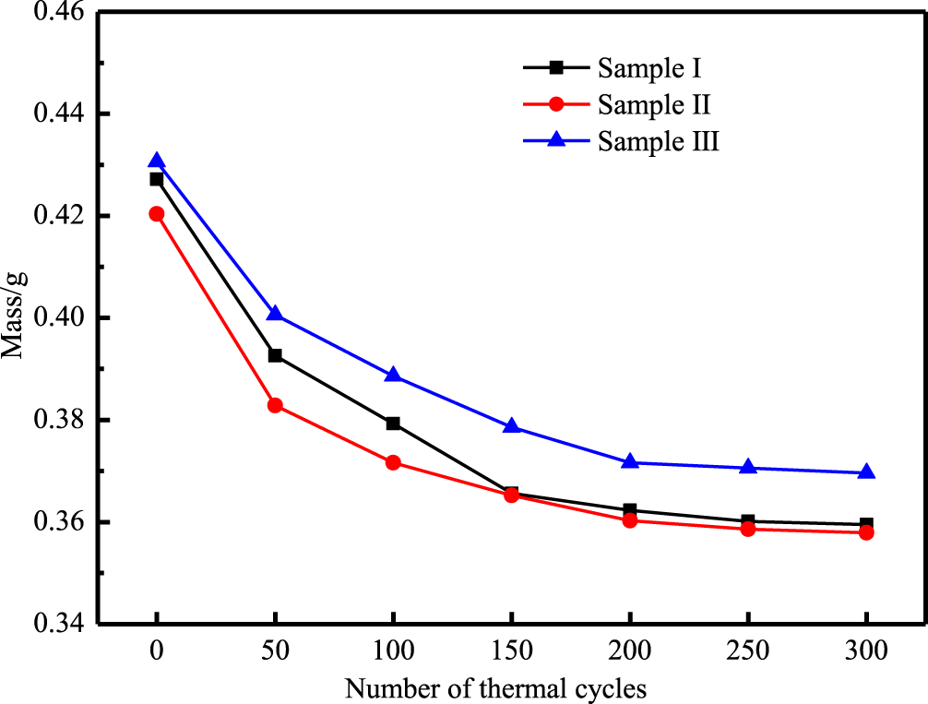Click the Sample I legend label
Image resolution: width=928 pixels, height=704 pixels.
[652, 67]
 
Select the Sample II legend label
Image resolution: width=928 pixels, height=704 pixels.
[654, 104]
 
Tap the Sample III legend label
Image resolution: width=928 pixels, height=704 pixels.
[658, 141]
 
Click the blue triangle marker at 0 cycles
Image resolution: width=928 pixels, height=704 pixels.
[157, 161]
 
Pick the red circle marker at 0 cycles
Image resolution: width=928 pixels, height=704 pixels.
[157, 214]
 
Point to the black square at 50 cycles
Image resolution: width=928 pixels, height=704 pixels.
[275, 355]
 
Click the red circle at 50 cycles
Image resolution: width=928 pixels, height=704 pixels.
[275, 405]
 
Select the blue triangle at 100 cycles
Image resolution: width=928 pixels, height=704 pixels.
[393, 376]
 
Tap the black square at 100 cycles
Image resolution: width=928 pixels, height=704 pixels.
[393, 424]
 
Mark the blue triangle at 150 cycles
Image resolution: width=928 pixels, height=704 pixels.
[512, 426]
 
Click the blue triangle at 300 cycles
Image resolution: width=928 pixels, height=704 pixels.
[866, 472]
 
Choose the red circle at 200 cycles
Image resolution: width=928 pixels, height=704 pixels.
[630, 520]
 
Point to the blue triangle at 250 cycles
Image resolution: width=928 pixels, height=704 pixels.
[748, 468]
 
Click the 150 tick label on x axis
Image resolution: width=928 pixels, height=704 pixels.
[512, 652]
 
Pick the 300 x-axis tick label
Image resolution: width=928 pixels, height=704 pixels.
[866, 652]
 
